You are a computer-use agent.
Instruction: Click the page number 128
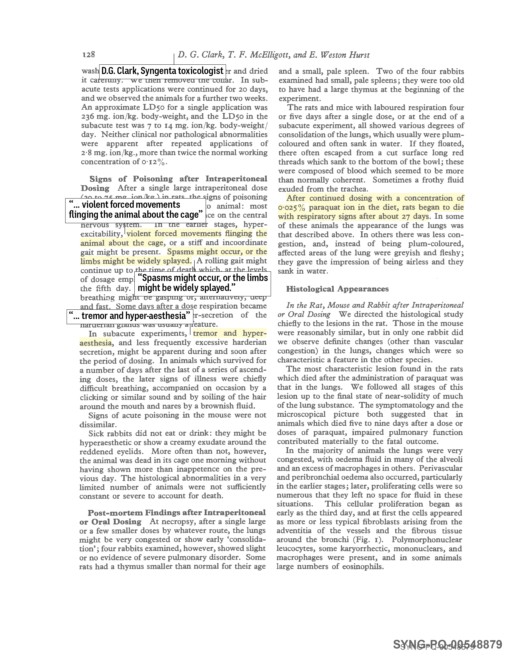coord(89,54)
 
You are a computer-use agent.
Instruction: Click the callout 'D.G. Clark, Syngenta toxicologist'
coord(163,71)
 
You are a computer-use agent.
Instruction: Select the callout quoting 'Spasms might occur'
coord(202,283)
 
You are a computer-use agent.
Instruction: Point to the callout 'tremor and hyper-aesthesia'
coord(130,316)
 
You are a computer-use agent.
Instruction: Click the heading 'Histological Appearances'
coord(337,289)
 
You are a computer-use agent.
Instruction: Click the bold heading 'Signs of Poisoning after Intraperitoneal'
coord(178,179)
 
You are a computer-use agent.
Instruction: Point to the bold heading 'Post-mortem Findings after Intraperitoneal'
coord(176,513)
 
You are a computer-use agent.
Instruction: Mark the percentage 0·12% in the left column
coord(154,162)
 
